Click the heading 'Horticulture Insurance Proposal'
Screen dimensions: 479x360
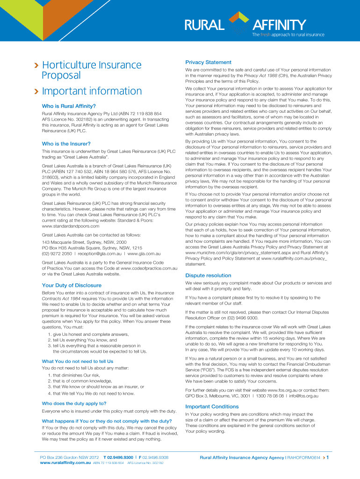[92, 70]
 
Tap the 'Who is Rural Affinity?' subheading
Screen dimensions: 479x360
[69, 106]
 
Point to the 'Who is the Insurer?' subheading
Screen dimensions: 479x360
[66, 144]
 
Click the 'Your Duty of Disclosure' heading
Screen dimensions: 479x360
[72, 285]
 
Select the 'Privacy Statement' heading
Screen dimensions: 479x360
[208, 62]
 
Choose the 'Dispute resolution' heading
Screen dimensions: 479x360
[208, 276]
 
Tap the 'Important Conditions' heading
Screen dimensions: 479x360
[212, 406]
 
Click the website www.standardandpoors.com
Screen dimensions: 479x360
[71, 226]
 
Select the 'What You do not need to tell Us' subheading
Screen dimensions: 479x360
[78, 361]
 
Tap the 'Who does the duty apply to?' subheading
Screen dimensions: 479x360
[74, 403]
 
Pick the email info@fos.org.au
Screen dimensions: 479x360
[303, 396]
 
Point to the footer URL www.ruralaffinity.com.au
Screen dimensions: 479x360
[65, 463]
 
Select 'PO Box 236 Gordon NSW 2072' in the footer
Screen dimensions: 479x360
[70, 457]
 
